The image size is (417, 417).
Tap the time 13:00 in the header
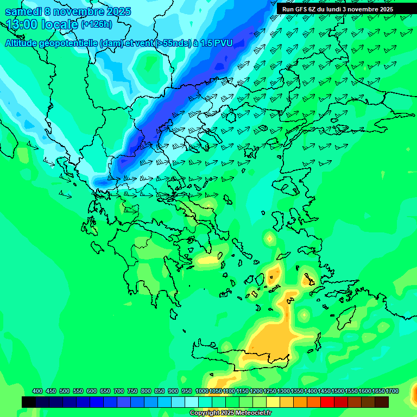pyautogui.click(x=21, y=24)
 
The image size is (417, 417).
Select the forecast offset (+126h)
pyautogui.click(x=96, y=24)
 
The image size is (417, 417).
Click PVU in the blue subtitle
pyautogui.click(x=223, y=43)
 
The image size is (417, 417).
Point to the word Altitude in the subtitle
pyautogui.click(x=21, y=43)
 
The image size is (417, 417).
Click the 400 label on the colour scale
pyautogui.click(x=37, y=391)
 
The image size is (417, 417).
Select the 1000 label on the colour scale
pyautogui.click(x=201, y=391)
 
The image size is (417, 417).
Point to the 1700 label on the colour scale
pyautogui.click(x=392, y=391)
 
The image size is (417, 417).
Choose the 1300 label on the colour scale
pyautogui.click(x=283, y=391)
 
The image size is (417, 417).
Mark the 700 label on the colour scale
pyautogui.click(x=119, y=391)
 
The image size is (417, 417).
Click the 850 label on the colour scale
pyautogui.click(x=160, y=391)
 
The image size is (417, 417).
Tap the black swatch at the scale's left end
pyautogui.click(x=29, y=402)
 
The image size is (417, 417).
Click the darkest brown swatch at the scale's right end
pyautogui.click(x=382, y=402)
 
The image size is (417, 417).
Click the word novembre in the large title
pyautogui.click(x=79, y=11)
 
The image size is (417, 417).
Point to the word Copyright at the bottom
pyautogui.click(x=205, y=413)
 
